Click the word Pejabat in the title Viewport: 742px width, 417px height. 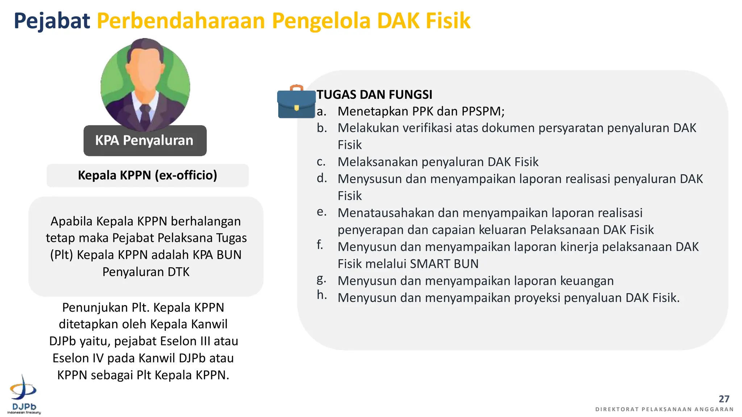click(x=52, y=21)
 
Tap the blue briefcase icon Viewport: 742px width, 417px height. click(x=296, y=102)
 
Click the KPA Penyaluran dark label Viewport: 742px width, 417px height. click(x=145, y=140)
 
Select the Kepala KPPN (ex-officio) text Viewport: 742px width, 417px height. click(x=147, y=175)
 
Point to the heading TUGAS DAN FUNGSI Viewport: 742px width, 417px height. click(x=374, y=94)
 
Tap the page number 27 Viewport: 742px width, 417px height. click(x=724, y=399)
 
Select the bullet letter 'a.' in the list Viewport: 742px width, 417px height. click(x=321, y=111)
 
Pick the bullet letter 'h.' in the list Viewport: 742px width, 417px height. click(x=322, y=295)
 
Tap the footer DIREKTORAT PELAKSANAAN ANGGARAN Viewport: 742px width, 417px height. click(x=664, y=409)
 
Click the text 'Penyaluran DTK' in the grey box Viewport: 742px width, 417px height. click(x=146, y=272)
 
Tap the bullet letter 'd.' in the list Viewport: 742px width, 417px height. click(x=322, y=178)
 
